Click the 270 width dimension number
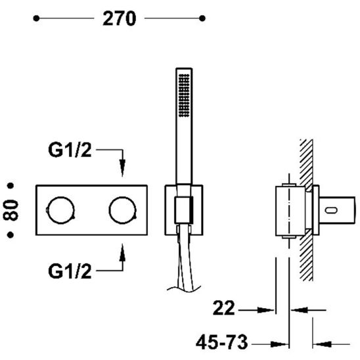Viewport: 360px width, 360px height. tap(119, 18)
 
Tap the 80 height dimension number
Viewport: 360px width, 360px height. tap(11, 210)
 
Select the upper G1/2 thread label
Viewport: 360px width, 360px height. tap(70, 150)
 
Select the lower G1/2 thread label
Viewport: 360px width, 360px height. tap(70, 271)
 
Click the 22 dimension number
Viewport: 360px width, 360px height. tap(224, 308)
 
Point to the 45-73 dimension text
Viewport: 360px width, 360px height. tap(222, 342)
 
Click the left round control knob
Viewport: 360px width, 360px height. tap(61, 210)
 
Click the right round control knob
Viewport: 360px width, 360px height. tap(123, 210)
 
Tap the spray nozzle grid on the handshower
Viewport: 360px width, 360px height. tap(184, 95)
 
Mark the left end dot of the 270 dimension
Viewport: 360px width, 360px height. tap(36, 18)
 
